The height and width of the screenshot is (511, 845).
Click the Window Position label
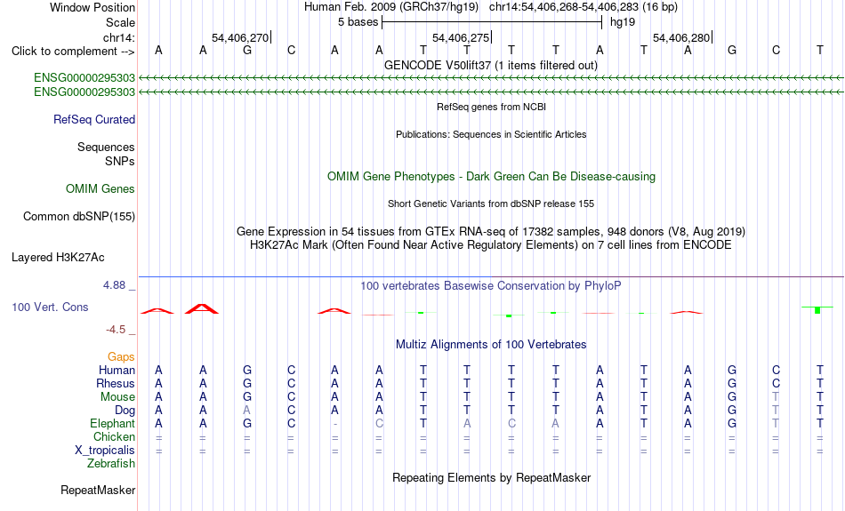tap(93, 7)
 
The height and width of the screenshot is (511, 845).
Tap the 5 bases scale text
tap(358, 22)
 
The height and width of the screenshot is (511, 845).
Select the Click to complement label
tap(73, 52)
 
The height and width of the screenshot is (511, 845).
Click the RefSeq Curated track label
tap(93, 120)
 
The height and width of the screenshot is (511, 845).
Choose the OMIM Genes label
tap(101, 189)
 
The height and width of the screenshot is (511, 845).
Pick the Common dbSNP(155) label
tap(78, 217)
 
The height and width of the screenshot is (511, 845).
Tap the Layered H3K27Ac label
tap(58, 258)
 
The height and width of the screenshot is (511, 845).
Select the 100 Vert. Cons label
tap(50, 307)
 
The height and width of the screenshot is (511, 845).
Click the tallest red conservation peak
tap(202, 308)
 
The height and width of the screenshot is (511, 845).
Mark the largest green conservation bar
tap(817, 309)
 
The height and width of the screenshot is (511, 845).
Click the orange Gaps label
tap(121, 356)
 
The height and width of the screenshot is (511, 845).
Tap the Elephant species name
tap(112, 423)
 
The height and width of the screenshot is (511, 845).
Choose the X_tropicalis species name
tap(105, 451)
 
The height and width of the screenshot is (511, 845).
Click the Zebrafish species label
tap(111, 463)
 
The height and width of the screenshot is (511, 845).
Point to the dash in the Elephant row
tap(334, 424)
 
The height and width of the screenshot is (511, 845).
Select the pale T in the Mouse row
tap(776, 397)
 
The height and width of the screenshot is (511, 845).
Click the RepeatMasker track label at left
tap(98, 490)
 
